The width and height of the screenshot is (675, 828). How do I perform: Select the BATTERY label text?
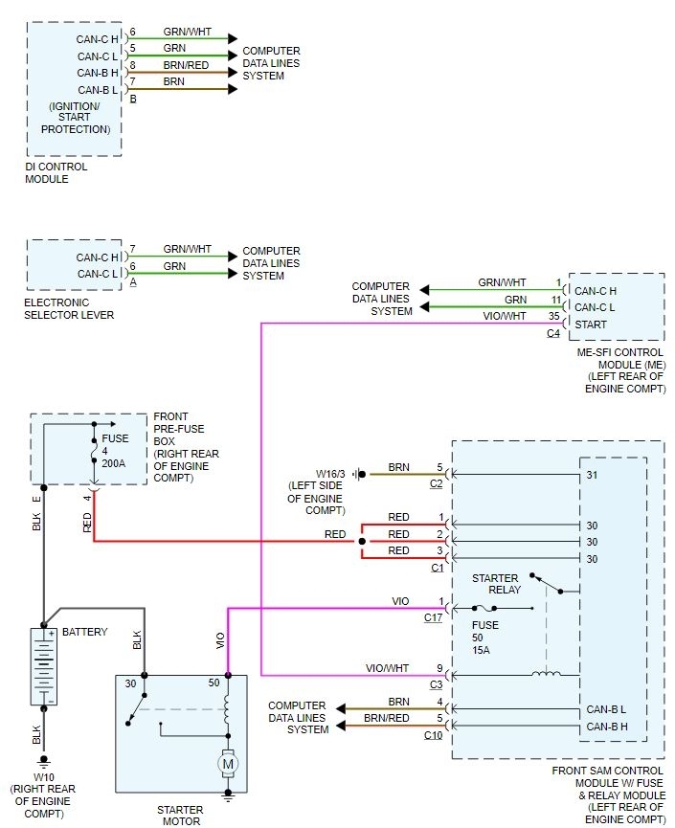[x=84, y=633]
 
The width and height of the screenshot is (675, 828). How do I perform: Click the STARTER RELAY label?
[x=496, y=584]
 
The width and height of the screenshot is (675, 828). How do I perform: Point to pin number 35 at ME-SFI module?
[x=554, y=315]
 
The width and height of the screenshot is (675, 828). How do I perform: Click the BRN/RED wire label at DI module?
[x=187, y=65]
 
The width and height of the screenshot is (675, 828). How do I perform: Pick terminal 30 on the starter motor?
[x=131, y=683]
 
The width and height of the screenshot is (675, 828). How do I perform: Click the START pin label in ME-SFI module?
[x=589, y=324]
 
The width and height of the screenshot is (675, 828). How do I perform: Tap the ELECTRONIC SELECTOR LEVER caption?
[x=69, y=308]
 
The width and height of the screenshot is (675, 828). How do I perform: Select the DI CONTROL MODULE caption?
[x=56, y=172]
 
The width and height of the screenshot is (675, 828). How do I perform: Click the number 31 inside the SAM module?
[x=592, y=474]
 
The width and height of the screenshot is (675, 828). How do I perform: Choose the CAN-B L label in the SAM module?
[x=605, y=709]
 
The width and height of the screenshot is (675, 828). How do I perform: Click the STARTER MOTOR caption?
[x=180, y=815]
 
